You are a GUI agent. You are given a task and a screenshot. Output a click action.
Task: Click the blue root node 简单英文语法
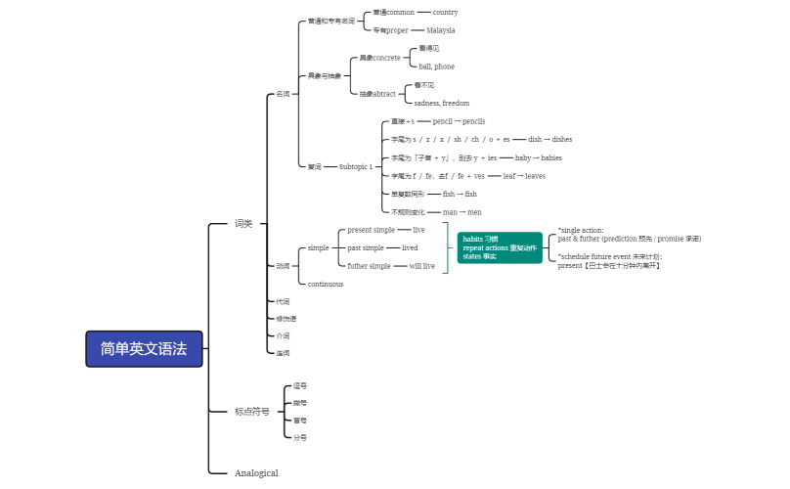pos(144,348)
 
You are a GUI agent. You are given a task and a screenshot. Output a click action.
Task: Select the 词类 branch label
pos(243,224)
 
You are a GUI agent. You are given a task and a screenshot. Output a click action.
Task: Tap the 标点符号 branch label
pos(251,412)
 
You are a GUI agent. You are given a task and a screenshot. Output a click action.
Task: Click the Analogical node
pos(256,473)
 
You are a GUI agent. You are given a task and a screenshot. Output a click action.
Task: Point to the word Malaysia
pos(441,30)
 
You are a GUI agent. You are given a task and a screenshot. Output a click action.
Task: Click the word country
pos(445,13)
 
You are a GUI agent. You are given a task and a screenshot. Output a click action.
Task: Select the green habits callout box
pos(499,247)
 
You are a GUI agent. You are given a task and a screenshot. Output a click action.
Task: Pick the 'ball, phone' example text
pos(436,67)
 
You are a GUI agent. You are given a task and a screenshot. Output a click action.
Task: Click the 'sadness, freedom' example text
pos(442,103)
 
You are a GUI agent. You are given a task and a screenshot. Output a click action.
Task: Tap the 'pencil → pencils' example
pos(459,121)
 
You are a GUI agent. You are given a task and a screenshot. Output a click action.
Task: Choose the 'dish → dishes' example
pos(549,139)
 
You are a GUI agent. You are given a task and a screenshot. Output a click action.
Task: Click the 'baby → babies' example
pos(538,157)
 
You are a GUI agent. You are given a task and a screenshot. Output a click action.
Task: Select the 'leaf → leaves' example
pos(524,176)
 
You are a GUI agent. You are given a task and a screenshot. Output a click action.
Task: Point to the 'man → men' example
pos(462,212)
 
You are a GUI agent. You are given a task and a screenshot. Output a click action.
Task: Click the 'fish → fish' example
pos(460,194)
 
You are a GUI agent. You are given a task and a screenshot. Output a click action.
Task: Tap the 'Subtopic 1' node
pos(356,167)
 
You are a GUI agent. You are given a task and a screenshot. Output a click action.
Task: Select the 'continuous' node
pos(326,284)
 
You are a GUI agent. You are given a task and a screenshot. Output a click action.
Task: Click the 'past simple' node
pos(366,247)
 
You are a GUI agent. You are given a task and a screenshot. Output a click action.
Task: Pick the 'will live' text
pos(422,266)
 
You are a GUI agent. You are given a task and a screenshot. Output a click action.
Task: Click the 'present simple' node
pos(372,230)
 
